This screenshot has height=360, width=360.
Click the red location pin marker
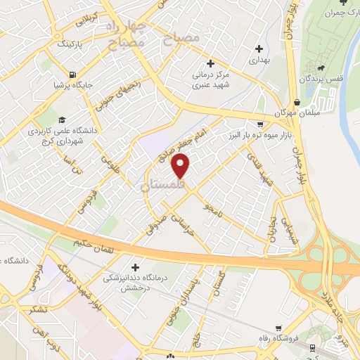tap(181, 166)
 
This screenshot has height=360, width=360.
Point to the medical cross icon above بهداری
tap(260, 49)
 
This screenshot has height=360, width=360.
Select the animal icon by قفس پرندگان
tap(321, 68)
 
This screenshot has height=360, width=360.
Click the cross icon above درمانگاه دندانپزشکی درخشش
tap(134, 267)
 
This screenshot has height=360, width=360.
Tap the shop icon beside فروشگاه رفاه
tap(280, 328)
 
